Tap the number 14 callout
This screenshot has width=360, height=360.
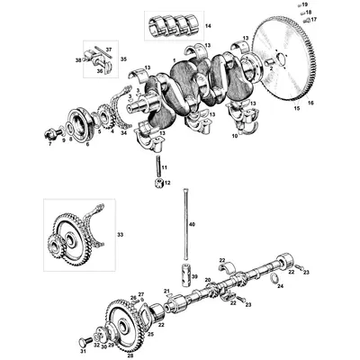[x=207, y=27]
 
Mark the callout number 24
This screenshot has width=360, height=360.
[x=279, y=286]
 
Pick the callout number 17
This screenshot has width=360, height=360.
[x=313, y=20]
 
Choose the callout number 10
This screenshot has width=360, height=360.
[x=234, y=137]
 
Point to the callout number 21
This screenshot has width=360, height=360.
[x=167, y=290]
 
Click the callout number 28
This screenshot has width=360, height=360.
[x=130, y=355]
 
